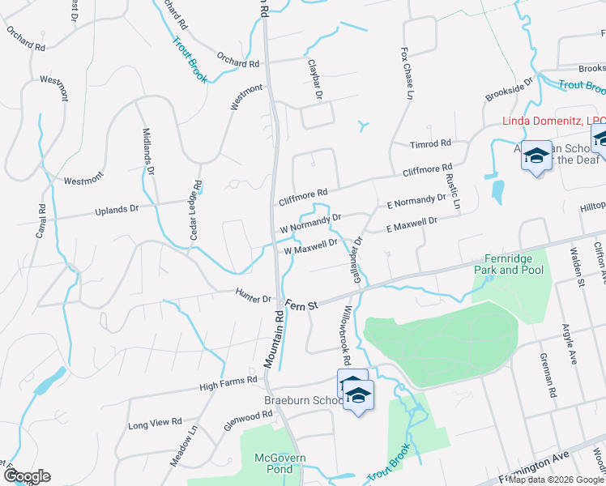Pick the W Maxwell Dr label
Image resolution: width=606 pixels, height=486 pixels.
(310, 246)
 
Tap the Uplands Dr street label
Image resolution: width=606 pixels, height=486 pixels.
(117, 210)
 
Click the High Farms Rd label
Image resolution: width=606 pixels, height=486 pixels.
(229, 380)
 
